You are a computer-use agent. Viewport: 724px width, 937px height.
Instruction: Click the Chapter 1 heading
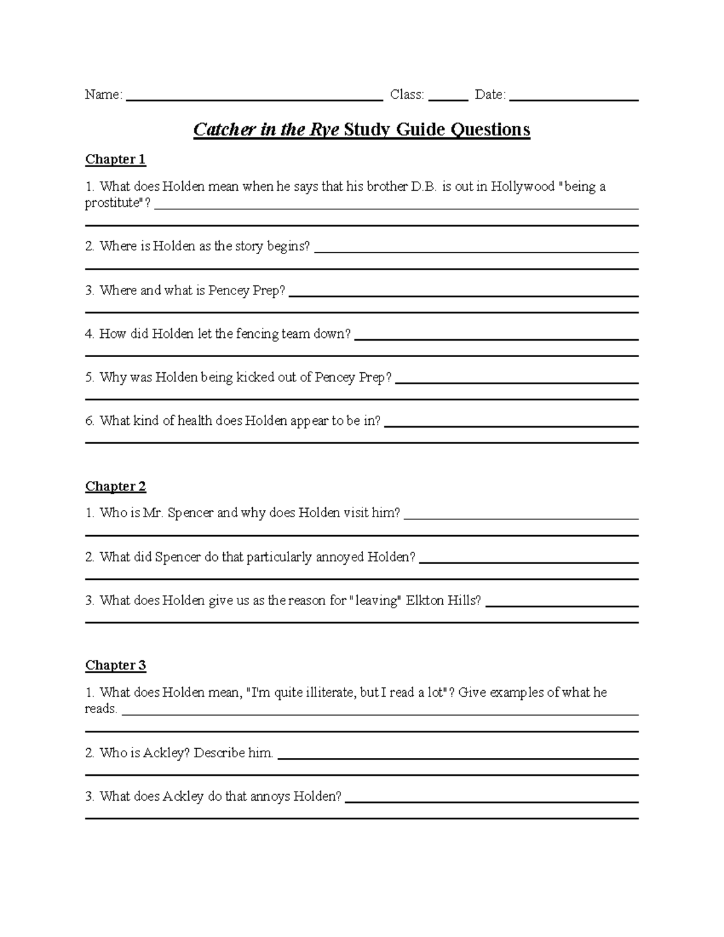click(115, 159)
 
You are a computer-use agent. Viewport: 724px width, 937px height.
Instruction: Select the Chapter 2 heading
click(115, 486)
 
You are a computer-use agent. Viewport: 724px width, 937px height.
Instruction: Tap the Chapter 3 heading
click(115, 665)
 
